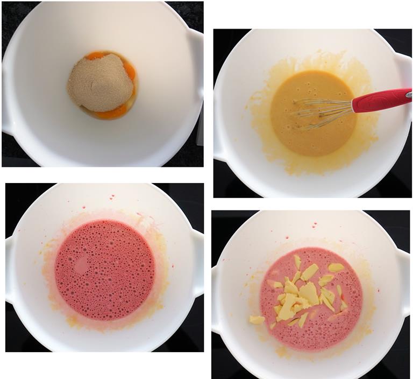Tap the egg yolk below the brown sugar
111,113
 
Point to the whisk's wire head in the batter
317,111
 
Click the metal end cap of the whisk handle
409,94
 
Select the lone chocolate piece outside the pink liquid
257,320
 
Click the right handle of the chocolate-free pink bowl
198,264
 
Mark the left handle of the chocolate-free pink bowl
9,269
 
